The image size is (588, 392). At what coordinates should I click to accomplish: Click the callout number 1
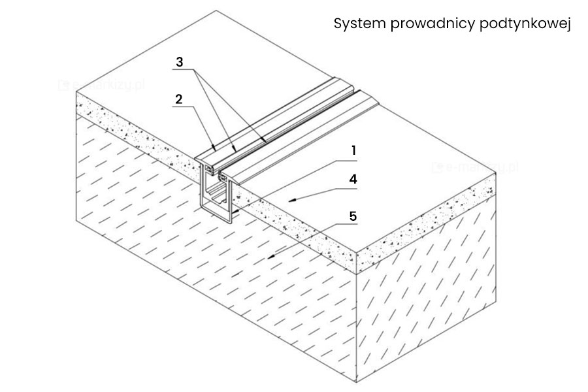(353, 150)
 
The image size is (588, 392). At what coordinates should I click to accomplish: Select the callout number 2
(178, 99)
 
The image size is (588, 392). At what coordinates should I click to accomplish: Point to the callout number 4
(353, 178)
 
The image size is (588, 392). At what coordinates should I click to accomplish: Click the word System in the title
(357, 25)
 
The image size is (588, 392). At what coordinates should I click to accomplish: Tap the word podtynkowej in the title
(525, 25)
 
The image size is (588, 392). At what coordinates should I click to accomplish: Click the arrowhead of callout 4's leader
(293, 198)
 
